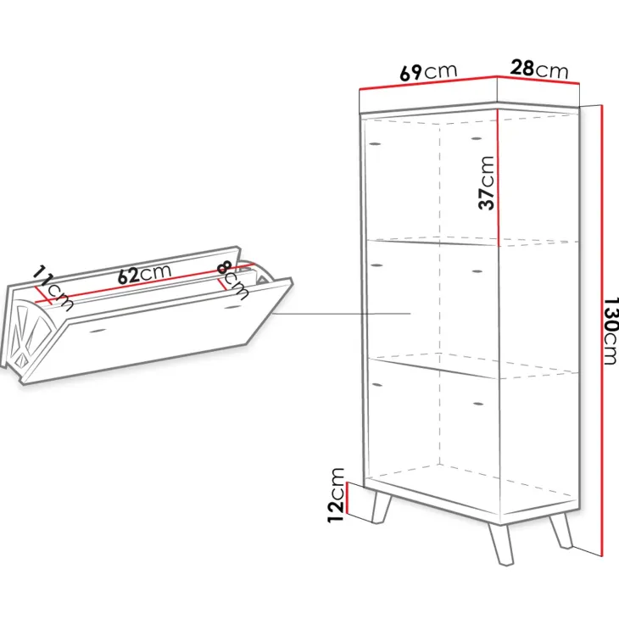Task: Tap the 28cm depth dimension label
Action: [x=539, y=69]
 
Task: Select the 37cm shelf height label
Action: [x=486, y=183]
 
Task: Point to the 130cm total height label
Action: [x=610, y=332]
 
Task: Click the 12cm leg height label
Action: [x=337, y=495]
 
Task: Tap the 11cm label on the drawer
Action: [x=53, y=287]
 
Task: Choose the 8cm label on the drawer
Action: [x=233, y=281]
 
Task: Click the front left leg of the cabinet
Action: [x=381, y=507]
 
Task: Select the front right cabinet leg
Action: [x=500, y=544]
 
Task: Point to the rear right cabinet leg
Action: [x=561, y=531]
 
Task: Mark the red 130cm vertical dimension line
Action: [x=602, y=331]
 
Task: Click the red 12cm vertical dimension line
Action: [x=346, y=499]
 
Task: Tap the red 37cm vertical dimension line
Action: [x=499, y=177]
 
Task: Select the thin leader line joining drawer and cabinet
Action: [x=342, y=314]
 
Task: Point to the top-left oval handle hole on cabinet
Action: [x=374, y=143]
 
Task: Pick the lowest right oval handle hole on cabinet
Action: [x=477, y=404]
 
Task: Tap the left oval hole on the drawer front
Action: [x=98, y=330]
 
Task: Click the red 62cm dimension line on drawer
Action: [x=143, y=282]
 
